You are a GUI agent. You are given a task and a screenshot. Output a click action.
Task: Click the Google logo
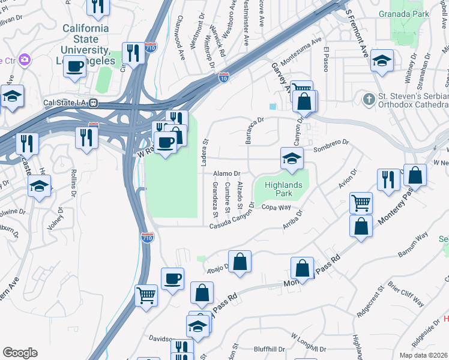20,353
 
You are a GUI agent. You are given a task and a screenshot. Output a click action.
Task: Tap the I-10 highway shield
223,77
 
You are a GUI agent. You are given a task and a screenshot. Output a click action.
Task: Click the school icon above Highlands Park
292,158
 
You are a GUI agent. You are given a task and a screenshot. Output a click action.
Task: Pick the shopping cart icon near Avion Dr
361,203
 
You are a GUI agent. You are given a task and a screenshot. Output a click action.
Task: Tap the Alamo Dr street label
228,173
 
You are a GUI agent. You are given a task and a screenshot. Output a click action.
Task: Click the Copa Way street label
276,208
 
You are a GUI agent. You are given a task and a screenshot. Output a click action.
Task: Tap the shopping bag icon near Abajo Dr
240,262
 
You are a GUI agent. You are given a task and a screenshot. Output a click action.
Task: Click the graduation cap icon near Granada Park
382,61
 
